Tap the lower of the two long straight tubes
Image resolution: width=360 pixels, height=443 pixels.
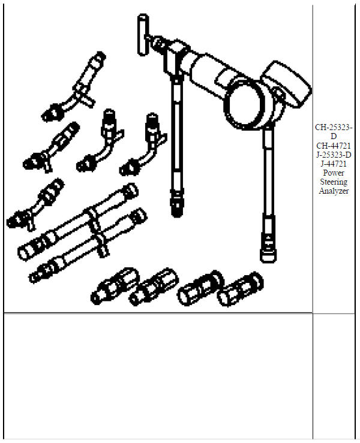(90, 246)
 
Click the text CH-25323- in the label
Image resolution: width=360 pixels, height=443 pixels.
(334, 128)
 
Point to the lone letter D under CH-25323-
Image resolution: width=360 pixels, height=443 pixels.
(334, 136)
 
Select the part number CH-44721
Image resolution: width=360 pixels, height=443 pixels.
(334, 145)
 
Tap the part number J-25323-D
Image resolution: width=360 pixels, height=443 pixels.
(334, 155)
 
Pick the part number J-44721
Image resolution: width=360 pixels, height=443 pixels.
(334, 164)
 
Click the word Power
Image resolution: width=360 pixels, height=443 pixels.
(334, 173)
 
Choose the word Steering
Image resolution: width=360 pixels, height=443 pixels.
(334, 182)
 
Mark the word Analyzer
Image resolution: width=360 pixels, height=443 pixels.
(334, 191)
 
